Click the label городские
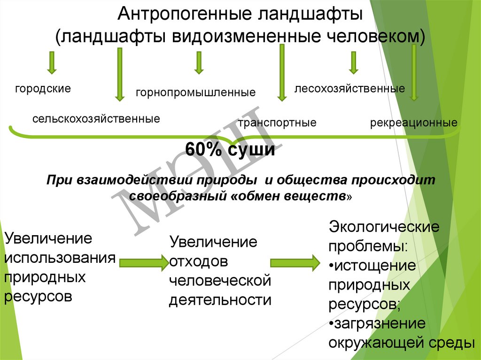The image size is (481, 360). coord(43,88)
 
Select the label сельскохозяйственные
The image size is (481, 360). coord(96,118)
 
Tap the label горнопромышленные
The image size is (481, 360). coord(196,92)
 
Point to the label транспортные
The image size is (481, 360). coord(277,123)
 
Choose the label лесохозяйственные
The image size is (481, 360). coord(349,88)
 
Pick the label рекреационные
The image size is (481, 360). coord(413,123)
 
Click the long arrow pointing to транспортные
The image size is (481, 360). coord(282,73)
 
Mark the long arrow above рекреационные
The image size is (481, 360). coord(413,73)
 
